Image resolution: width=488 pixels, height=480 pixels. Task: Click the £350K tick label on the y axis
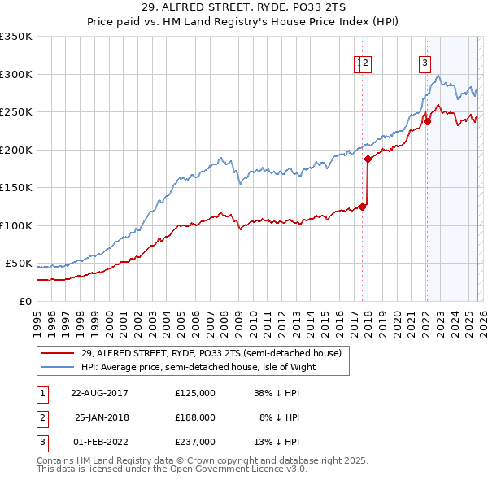coord(16,37)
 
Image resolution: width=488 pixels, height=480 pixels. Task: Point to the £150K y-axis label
coord(16,187)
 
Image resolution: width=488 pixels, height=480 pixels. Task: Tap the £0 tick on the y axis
coord(26,301)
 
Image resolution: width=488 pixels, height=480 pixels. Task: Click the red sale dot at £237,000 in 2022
coord(426,123)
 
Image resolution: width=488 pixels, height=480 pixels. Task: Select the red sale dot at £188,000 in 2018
coord(368,159)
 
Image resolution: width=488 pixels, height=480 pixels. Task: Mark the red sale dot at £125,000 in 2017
coord(362,207)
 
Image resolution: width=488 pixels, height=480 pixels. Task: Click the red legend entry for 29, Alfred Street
coord(216,352)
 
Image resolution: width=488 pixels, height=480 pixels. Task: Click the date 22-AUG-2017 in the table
coord(99,393)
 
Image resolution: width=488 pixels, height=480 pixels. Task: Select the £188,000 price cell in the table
coord(194,417)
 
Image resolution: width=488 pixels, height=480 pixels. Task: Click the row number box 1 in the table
coord(40,393)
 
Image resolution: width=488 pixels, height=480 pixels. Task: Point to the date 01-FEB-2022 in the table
coord(99,441)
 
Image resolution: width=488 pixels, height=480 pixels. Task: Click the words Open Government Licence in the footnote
coord(228,469)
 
